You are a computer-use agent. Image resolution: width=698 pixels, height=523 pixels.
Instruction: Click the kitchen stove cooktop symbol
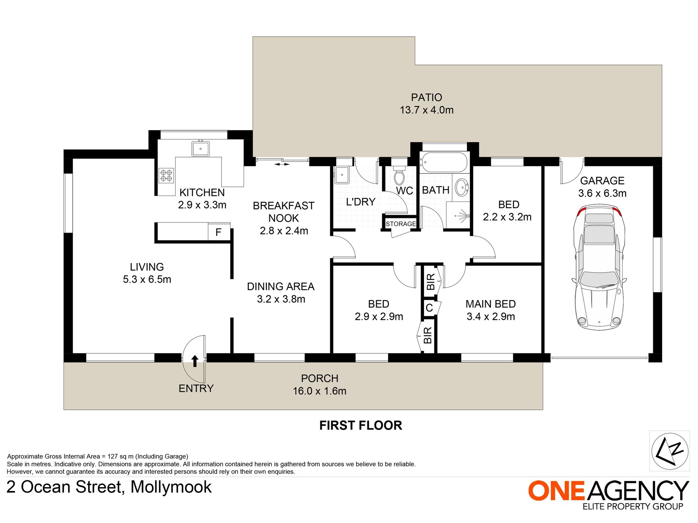[x=166, y=175]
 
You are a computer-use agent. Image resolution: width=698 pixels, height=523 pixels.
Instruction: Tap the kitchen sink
[x=201, y=149]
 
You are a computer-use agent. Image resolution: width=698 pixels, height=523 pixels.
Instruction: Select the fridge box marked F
[x=219, y=232]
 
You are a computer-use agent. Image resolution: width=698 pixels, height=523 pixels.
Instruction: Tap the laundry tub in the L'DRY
[x=342, y=174]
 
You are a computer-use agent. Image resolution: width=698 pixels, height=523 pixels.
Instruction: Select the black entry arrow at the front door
[x=195, y=361]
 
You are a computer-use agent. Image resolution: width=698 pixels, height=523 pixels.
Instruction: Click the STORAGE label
[x=401, y=224]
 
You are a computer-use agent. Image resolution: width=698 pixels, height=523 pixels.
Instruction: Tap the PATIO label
[x=427, y=97]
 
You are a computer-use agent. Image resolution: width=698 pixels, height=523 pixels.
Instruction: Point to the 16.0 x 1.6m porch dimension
[x=320, y=391]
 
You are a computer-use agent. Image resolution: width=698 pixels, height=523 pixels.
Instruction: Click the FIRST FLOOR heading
[x=361, y=425]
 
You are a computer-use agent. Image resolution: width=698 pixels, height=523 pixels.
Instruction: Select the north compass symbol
[x=670, y=451]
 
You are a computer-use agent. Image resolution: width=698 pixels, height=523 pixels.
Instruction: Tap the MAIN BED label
[x=491, y=304]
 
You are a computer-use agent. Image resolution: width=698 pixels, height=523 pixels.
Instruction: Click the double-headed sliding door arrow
[x=282, y=164]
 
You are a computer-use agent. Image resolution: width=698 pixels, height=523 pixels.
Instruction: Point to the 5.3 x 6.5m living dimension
[x=147, y=279]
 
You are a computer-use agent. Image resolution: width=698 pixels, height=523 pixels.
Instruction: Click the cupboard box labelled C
[x=429, y=308]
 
